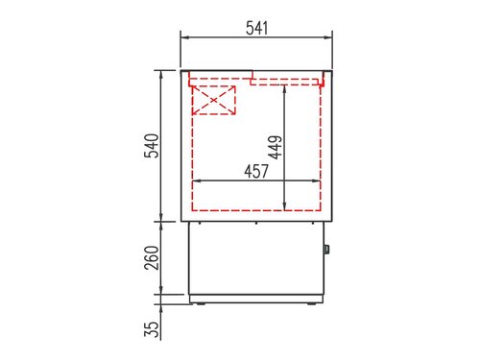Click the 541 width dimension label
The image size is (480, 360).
click(256, 28)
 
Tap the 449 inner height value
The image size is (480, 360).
click(275, 146)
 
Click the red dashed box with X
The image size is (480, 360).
click(214, 100)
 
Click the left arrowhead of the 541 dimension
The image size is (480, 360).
click(185, 38)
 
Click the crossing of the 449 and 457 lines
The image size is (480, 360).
click(285, 180)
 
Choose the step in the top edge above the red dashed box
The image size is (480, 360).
click(252, 75)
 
